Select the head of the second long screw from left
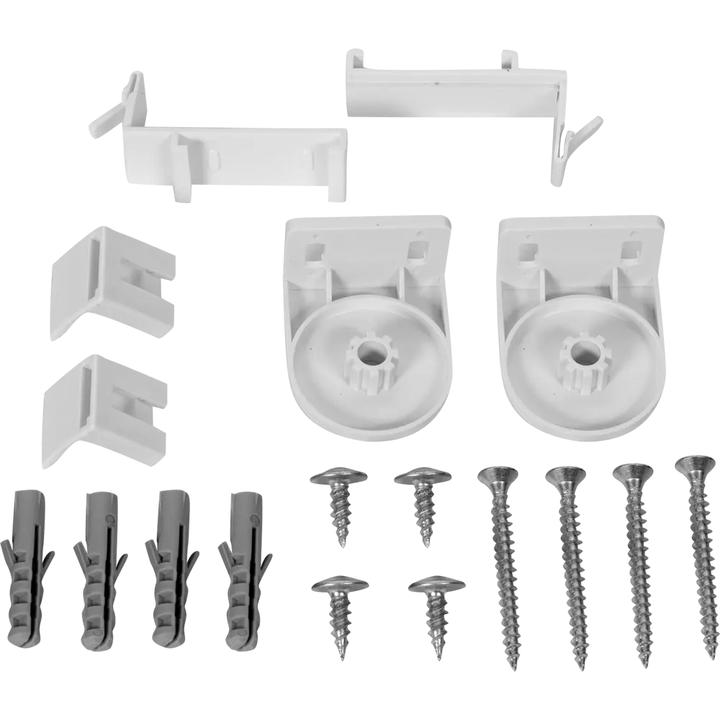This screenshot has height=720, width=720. click(x=565, y=476)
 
